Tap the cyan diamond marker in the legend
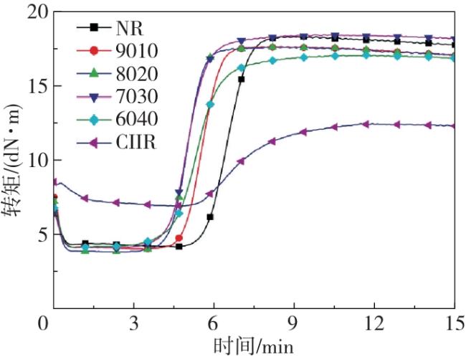93,119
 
